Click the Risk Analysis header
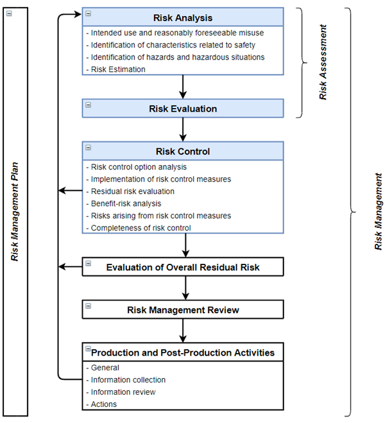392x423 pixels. click(x=183, y=18)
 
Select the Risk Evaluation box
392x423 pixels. click(x=183, y=108)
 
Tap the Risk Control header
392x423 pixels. click(x=183, y=151)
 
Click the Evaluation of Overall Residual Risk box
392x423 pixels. click(x=183, y=267)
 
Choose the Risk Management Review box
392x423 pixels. click(x=183, y=310)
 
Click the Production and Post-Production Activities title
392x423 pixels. click(x=183, y=352)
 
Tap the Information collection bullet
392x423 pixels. click(x=128, y=380)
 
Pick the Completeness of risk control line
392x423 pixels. click(x=141, y=228)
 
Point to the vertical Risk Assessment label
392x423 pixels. click(x=324, y=62)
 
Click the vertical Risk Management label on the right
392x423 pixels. click(x=379, y=210)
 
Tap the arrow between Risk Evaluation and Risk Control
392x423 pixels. click(x=183, y=130)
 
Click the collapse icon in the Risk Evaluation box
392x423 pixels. click(x=89, y=105)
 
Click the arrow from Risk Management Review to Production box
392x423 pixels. click(x=183, y=331)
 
